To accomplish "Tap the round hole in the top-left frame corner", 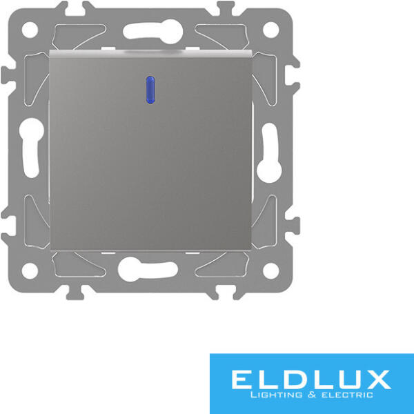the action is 30,30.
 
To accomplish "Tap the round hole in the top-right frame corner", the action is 271,30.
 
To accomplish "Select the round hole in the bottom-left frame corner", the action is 30,270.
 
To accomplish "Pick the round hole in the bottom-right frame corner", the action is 271,270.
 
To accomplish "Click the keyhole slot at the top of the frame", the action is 153,32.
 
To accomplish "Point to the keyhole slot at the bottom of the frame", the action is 148,269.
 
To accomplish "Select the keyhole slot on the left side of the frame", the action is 32,148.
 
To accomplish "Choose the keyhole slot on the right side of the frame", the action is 269,153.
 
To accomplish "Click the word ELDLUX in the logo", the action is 312,379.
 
